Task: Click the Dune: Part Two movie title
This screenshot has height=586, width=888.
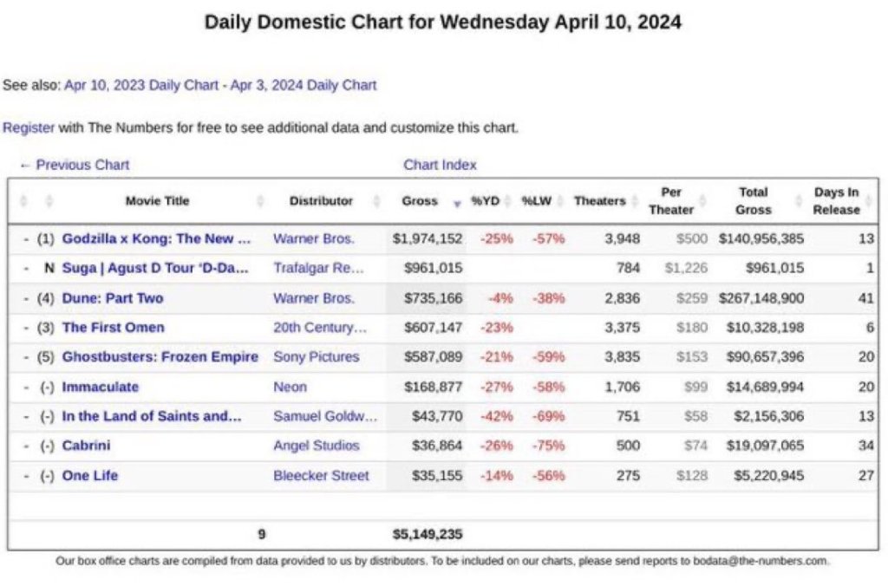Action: tap(112, 298)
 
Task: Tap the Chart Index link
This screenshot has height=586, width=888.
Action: tap(440, 165)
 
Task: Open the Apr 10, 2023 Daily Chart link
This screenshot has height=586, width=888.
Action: tap(141, 85)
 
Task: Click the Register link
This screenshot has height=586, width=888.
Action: tap(29, 127)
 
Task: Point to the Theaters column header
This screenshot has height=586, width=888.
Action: tap(599, 201)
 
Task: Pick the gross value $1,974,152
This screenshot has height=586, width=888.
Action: tap(428, 238)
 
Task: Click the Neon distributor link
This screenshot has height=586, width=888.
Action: tap(290, 387)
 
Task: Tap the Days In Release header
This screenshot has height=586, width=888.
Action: tap(836, 201)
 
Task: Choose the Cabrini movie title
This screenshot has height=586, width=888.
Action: tap(86, 446)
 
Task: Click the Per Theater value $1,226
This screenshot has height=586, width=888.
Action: tap(686, 269)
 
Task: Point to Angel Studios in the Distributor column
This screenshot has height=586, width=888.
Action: tap(316, 446)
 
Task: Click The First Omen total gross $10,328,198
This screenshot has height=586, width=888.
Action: tap(761, 328)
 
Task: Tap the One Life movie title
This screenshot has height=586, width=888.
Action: tap(89, 476)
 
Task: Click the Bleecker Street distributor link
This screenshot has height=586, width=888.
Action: tap(321, 476)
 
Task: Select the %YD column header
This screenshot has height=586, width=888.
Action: tap(485, 201)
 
